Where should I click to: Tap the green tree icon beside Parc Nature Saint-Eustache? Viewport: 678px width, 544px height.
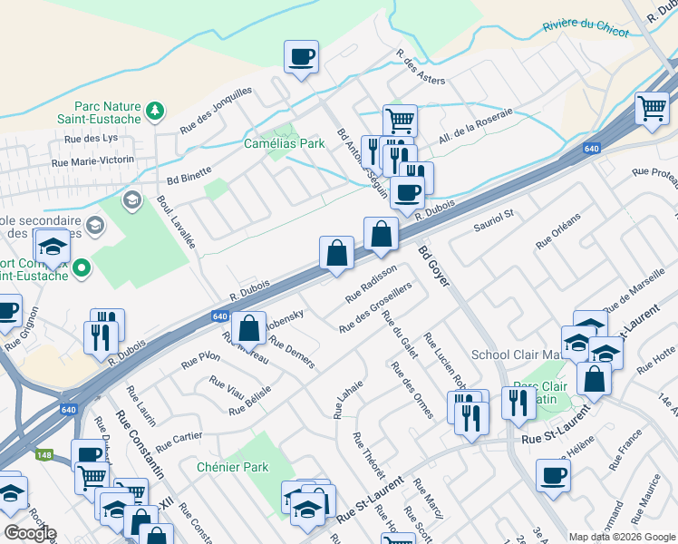(x=155, y=110)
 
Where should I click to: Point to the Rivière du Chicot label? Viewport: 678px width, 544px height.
(x=585, y=27)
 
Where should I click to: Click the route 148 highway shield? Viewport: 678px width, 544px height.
(x=43, y=456)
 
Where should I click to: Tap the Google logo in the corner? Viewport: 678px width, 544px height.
(x=30, y=532)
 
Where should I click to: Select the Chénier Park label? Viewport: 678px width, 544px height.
(x=233, y=467)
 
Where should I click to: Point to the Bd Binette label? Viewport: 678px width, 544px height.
(x=189, y=169)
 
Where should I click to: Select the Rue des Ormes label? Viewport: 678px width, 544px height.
(x=411, y=390)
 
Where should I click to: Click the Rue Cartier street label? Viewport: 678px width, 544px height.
(x=179, y=441)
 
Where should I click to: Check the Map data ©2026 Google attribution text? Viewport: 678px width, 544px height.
(x=621, y=536)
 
